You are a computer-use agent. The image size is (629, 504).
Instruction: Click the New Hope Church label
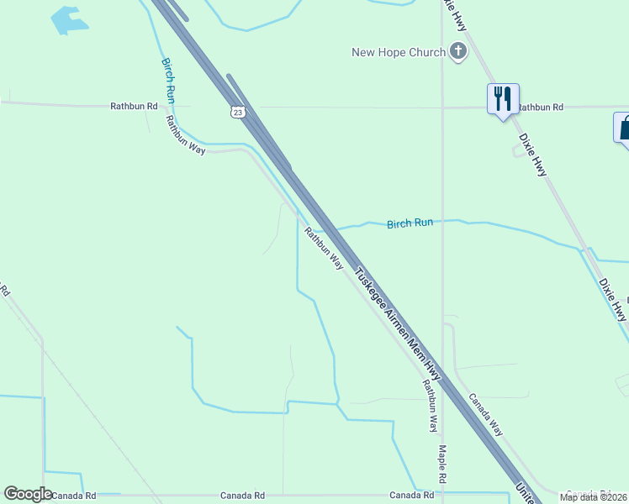click(398, 53)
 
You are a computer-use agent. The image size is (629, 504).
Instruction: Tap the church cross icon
click(458, 52)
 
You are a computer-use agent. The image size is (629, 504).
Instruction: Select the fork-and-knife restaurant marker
click(503, 99)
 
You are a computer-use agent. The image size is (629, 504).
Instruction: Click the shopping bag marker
click(624, 129)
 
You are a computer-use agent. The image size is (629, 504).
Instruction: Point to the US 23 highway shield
click(239, 111)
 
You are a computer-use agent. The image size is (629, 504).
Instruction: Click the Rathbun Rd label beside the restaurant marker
click(540, 108)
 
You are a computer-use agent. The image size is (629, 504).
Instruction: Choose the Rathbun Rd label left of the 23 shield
click(134, 107)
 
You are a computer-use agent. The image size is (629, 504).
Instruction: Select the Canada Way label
click(485, 414)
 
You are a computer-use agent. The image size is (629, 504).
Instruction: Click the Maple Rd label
click(441, 464)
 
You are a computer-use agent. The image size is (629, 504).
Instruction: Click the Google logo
click(28, 494)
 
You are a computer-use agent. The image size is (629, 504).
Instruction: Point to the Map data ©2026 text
click(594, 497)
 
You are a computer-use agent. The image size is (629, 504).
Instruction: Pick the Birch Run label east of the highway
click(410, 223)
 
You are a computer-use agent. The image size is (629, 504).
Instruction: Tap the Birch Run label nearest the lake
click(169, 81)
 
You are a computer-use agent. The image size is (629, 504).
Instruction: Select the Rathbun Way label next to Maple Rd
click(430, 406)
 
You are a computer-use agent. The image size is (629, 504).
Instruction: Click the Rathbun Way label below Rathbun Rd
click(185, 134)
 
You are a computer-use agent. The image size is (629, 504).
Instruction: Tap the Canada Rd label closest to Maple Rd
click(410, 496)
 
